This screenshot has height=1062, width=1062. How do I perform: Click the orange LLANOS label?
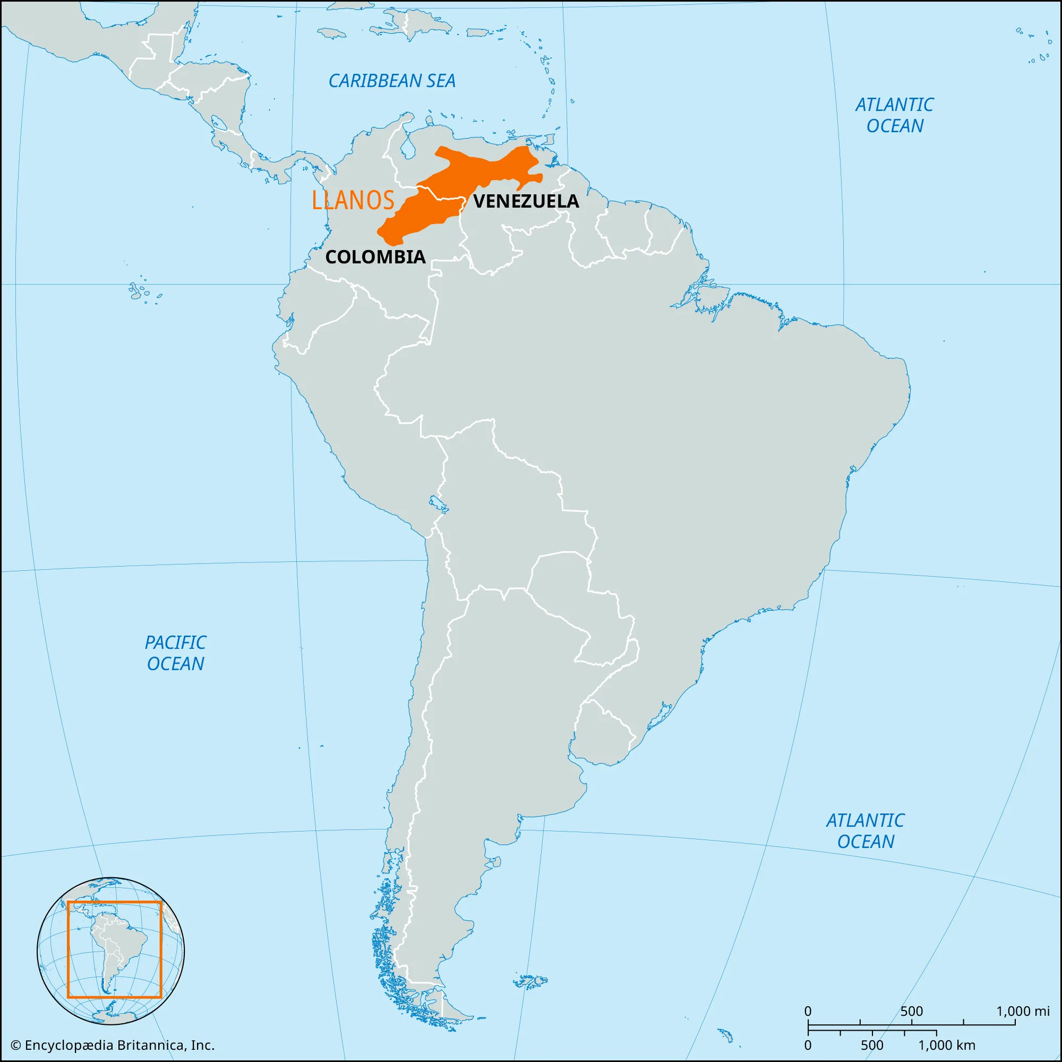[353, 200]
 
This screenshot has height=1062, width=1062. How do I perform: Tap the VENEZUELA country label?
[526, 201]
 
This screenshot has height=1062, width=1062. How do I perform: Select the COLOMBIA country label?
[375, 256]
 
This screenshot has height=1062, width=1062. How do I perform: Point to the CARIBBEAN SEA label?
[392, 81]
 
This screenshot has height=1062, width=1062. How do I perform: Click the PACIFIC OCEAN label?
[175, 653]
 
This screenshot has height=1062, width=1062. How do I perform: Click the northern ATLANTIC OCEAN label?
[894, 115]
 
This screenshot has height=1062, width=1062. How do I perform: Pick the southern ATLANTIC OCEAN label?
[865, 830]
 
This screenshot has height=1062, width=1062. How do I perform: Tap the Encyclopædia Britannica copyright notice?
[112, 1045]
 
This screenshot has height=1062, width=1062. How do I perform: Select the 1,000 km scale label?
[947, 1045]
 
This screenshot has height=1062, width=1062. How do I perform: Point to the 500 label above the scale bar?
[911, 1011]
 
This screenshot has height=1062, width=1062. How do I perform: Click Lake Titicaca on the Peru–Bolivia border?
[438, 503]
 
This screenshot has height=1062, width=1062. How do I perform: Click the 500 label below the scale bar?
[872, 1045]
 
